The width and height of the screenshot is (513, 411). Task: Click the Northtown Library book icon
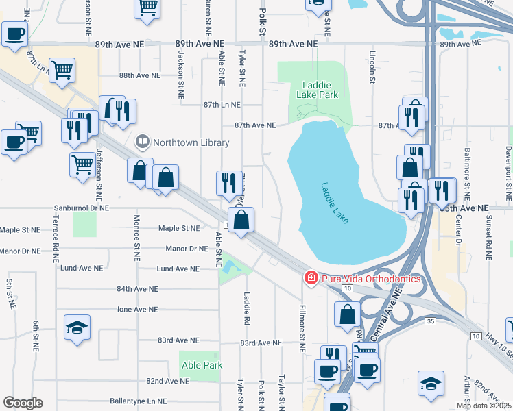coord(143,142)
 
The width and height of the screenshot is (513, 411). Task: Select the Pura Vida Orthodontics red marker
coord(311,278)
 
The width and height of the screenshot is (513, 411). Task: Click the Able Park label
coord(202,365)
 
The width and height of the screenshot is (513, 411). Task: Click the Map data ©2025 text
coord(484,406)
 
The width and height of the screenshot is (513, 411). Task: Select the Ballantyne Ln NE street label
coord(138,401)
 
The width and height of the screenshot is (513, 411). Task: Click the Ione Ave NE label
coord(137,309)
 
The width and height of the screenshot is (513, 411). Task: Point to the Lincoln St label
coord(372,66)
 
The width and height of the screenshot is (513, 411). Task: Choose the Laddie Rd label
coord(244,309)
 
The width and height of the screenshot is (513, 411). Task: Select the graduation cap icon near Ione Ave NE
coord(77,327)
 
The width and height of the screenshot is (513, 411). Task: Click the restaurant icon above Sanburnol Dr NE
coord(229,183)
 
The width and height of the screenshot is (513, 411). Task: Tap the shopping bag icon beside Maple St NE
coord(241,221)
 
